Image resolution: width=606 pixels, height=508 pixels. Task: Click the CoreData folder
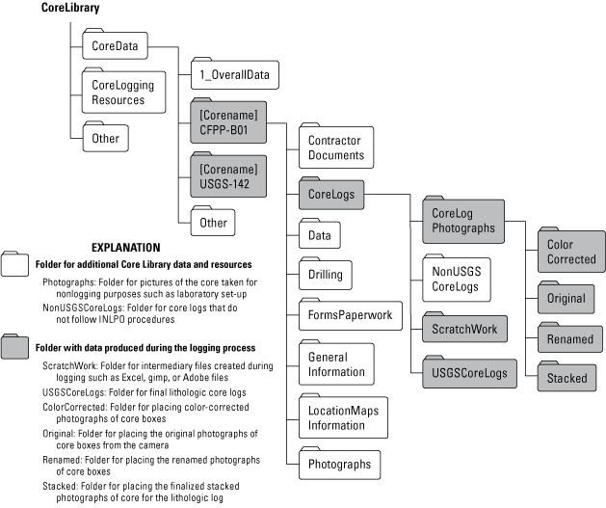115,45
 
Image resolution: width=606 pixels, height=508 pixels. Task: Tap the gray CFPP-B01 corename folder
228,122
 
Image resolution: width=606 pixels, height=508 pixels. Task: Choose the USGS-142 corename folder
228,175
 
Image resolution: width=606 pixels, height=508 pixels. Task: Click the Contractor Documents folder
335,147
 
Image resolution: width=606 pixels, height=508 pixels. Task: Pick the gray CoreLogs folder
330,194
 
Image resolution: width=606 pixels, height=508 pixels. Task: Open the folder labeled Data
319,234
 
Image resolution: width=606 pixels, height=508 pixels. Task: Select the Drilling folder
325,275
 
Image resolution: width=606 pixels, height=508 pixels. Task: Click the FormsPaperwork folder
350,315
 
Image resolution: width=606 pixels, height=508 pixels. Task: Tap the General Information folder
336,364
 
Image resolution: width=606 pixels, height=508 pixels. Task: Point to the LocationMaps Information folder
343,417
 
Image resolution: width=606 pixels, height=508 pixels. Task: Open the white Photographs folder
339,464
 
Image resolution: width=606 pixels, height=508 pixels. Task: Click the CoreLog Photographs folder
463,221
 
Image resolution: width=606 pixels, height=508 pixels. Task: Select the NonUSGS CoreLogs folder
456,279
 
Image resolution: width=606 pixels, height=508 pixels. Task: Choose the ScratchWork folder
463,329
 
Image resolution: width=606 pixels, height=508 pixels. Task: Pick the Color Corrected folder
571,252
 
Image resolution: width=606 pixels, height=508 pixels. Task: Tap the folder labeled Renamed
569,339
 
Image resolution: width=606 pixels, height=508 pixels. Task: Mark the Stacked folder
566,378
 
